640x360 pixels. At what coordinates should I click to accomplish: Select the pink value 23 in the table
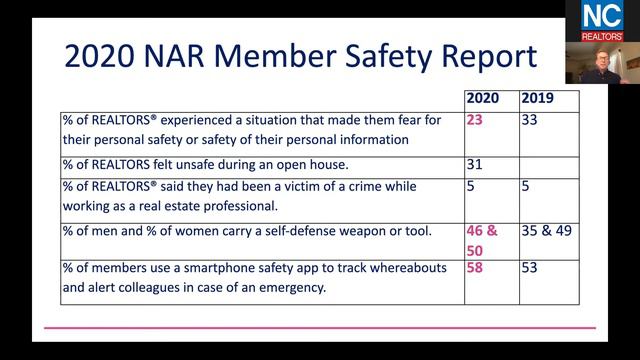coord(476,120)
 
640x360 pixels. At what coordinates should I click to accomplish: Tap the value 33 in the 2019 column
coord(531,120)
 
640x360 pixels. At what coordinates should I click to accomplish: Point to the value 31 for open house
coord(476,163)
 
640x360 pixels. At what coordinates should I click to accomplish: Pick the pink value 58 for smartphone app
coord(477,269)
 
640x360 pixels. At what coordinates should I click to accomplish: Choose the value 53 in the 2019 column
coord(531,269)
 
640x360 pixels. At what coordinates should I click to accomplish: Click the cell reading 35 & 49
coord(548,232)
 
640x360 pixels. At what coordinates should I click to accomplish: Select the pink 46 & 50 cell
coord(485,240)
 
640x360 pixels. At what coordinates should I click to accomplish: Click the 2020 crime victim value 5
coord(472,186)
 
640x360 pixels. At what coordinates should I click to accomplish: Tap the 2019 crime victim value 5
coord(527,186)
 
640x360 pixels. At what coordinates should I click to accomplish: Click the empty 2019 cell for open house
coord(548,163)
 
